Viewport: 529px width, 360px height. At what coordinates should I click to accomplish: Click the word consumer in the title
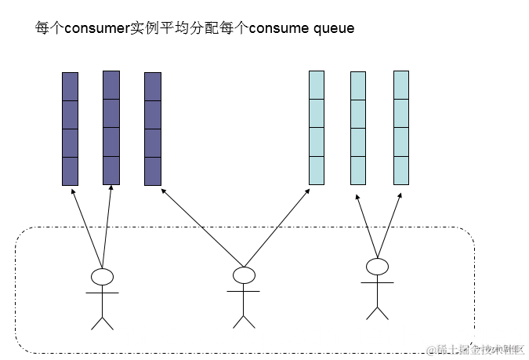point(95,28)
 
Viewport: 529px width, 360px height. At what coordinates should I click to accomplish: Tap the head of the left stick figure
point(102,276)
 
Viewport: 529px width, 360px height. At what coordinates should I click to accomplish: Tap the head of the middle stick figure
point(244,275)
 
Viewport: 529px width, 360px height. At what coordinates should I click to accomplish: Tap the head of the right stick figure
point(378,267)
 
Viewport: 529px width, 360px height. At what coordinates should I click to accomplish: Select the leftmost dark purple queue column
point(71,129)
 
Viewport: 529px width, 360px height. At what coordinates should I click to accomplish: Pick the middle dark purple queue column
point(111,128)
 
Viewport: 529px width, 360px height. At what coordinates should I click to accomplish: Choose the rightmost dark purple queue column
point(153,129)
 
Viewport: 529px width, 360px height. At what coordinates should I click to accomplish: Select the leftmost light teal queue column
point(317,128)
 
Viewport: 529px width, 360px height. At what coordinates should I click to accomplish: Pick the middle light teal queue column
point(358,129)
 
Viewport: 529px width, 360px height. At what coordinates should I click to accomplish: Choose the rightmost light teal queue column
point(401,128)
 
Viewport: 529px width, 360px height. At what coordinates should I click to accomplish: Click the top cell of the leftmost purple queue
point(71,86)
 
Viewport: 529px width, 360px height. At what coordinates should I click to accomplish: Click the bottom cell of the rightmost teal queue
point(401,170)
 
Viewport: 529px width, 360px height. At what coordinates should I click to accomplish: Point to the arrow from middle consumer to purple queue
point(202,226)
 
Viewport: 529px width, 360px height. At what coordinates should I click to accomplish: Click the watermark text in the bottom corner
point(475,348)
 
